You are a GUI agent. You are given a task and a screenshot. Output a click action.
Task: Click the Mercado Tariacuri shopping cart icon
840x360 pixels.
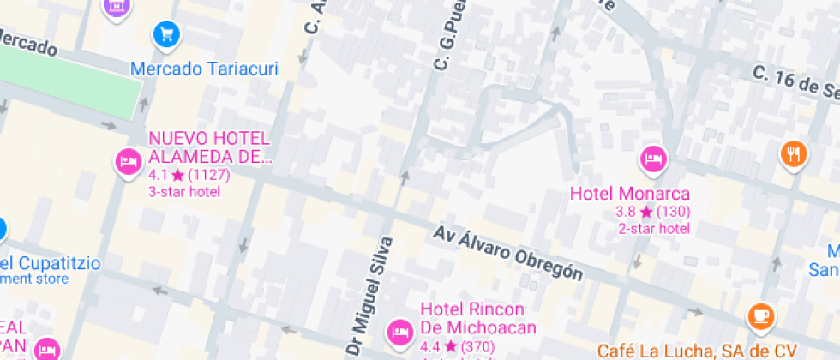(x=165, y=34)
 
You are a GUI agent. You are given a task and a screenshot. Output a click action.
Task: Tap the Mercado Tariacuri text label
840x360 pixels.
(x=204, y=69)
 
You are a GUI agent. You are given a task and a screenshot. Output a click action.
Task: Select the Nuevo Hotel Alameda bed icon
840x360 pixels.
(x=128, y=160)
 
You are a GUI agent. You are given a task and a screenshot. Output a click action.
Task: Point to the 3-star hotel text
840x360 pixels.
(x=184, y=191)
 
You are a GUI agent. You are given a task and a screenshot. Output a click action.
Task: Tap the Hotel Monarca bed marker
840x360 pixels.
(x=653, y=158)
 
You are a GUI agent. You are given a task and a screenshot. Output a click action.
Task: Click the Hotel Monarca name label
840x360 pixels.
(x=630, y=194)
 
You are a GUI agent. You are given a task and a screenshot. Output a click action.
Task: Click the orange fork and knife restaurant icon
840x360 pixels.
(x=794, y=153)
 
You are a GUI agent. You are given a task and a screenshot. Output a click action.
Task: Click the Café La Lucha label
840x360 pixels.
(x=697, y=350)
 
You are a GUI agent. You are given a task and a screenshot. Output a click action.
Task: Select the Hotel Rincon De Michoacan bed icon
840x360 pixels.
(x=399, y=331)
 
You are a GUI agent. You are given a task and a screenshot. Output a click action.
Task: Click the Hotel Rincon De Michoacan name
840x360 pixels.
(x=477, y=318)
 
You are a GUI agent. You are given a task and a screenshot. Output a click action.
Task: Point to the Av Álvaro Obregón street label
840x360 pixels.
(x=508, y=254)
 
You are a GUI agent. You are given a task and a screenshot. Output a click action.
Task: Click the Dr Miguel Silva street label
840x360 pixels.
(x=367, y=296)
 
